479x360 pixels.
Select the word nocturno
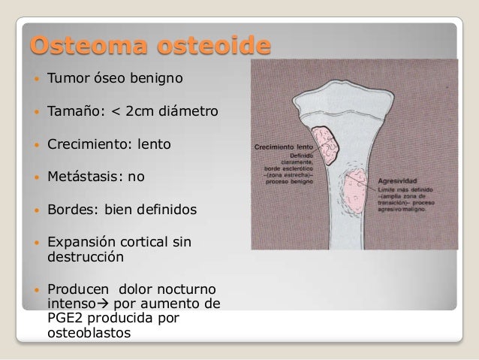click(185, 290)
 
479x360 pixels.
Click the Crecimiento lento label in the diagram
click(282, 147)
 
